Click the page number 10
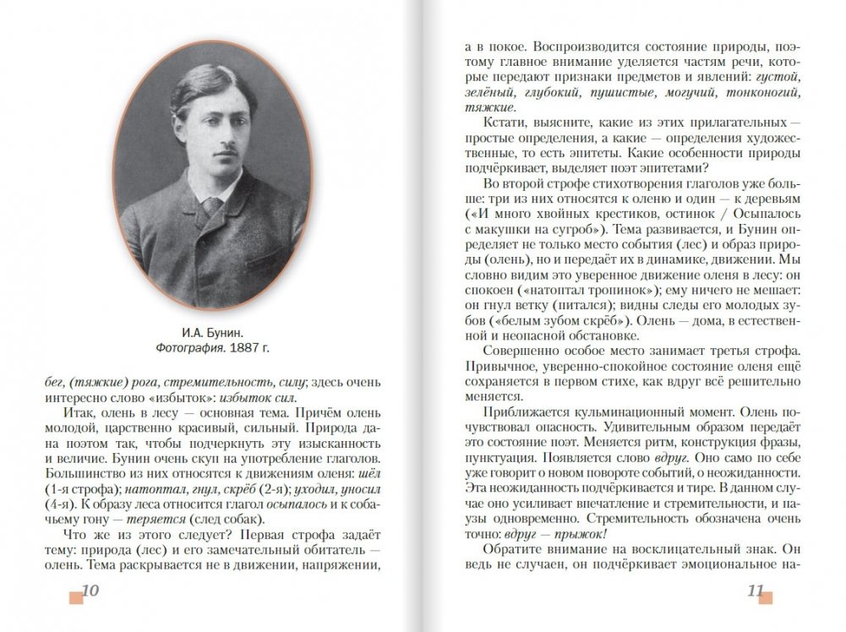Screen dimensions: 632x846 [x=90, y=591]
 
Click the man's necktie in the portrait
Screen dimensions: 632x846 [x=211, y=204]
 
